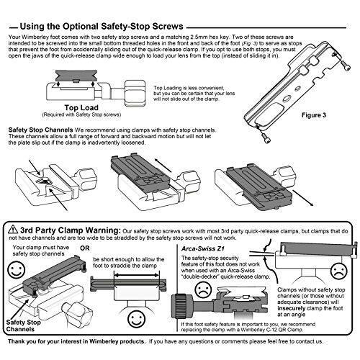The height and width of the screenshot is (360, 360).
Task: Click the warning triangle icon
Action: pos(13,230)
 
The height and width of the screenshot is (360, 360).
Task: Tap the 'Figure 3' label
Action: pos(314,115)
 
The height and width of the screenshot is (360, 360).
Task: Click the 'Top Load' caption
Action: pos(81,107)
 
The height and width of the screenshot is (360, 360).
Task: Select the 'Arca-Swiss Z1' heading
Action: pos(203,248)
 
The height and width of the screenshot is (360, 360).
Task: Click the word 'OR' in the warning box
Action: pos(85,248)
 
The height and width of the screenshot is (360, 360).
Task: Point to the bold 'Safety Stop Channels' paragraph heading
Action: pos(40,130)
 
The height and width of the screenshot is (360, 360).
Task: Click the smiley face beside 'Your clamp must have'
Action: pos(16,270)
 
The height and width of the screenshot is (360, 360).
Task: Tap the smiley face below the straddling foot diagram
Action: pos(137,319)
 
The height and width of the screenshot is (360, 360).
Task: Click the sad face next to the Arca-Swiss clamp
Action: pos(204,289)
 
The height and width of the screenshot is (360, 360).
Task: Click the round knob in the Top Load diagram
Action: pos(135,94)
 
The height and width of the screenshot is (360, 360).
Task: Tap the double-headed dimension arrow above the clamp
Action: pos(137,276)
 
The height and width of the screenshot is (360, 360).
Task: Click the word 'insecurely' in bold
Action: pos(292,308)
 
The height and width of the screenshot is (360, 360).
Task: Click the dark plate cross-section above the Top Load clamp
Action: pos(76,76)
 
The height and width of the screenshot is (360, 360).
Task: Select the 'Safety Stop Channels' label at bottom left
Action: pos(23,325)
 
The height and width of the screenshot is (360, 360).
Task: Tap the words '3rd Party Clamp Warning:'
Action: pos(70,230)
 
